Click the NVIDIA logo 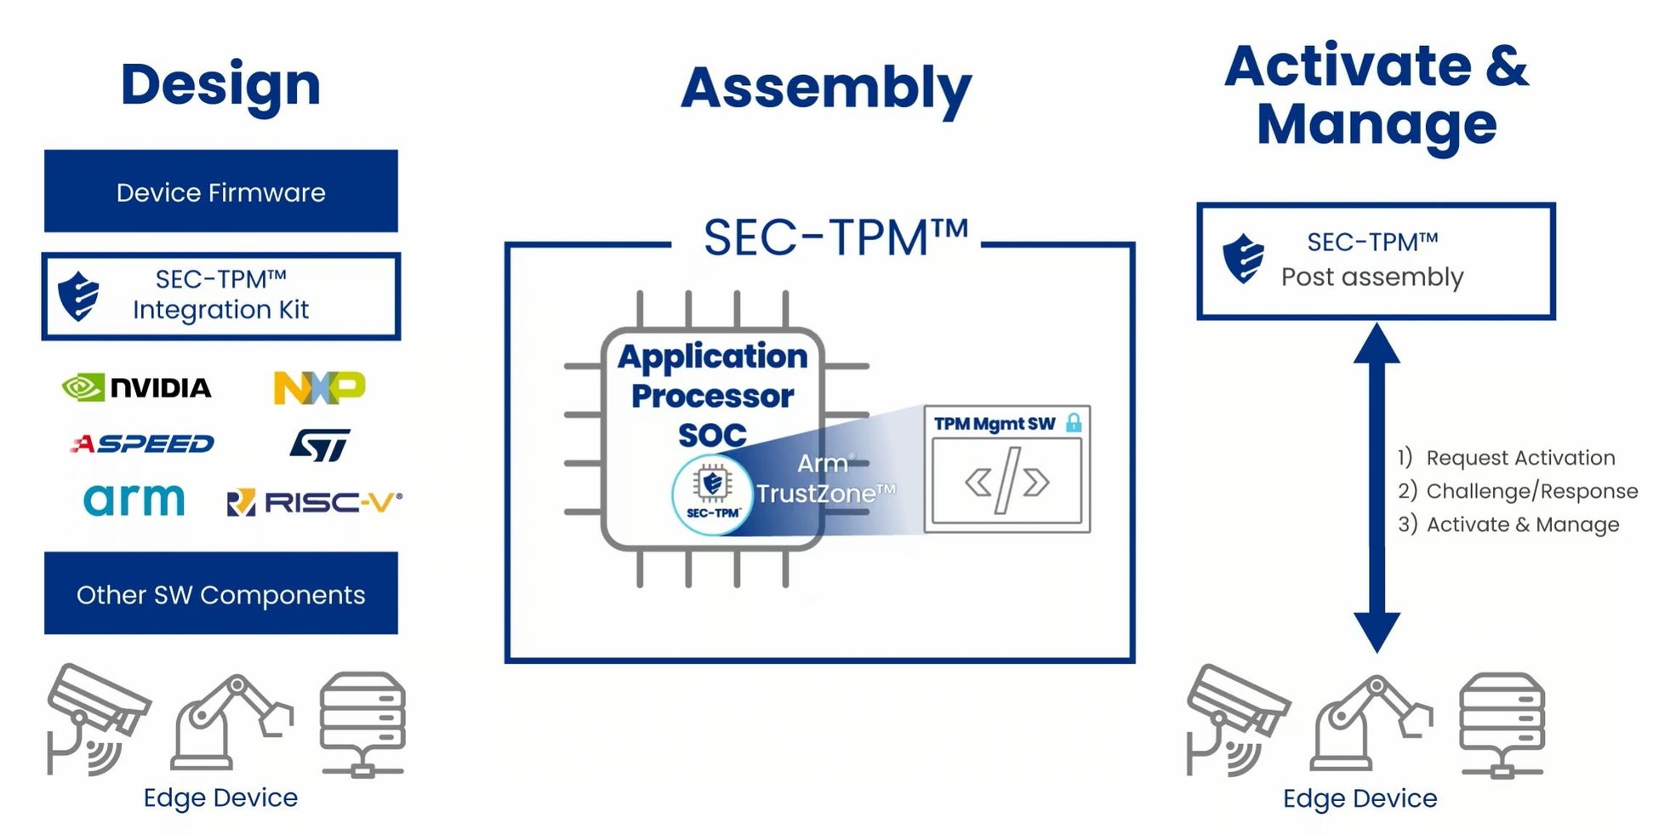click(x=136, y=388)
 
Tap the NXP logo click(x=319, y=387)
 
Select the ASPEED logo click(x=142, y=443)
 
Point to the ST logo click(x=320, y=444)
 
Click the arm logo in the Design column click(x=134, y=500)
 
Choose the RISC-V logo click(x=314, y=502)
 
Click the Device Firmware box click(x=221, y=192)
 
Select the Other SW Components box click(x=221, y=593)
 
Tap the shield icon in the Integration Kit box click(x=78, y=296)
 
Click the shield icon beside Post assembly click(x=1243, y=259)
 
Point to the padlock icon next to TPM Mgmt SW click(x=1074, y=422)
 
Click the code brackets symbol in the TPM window click(x=1006, y=482)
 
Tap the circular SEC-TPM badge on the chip click(x=712, y=495)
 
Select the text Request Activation click(x=1520, y=458)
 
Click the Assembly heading click(x=826, y=89)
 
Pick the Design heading click(x=221, y=85)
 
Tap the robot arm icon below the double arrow click(x=1372, y=723)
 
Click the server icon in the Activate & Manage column click(x=1502, y=725)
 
